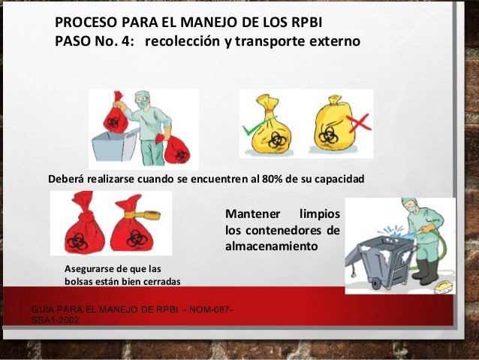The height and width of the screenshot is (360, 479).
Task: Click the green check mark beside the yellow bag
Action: [255, 129]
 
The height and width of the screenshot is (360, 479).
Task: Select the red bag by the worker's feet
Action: [179, 148]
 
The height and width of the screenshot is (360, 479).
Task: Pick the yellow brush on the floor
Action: [441, 286]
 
